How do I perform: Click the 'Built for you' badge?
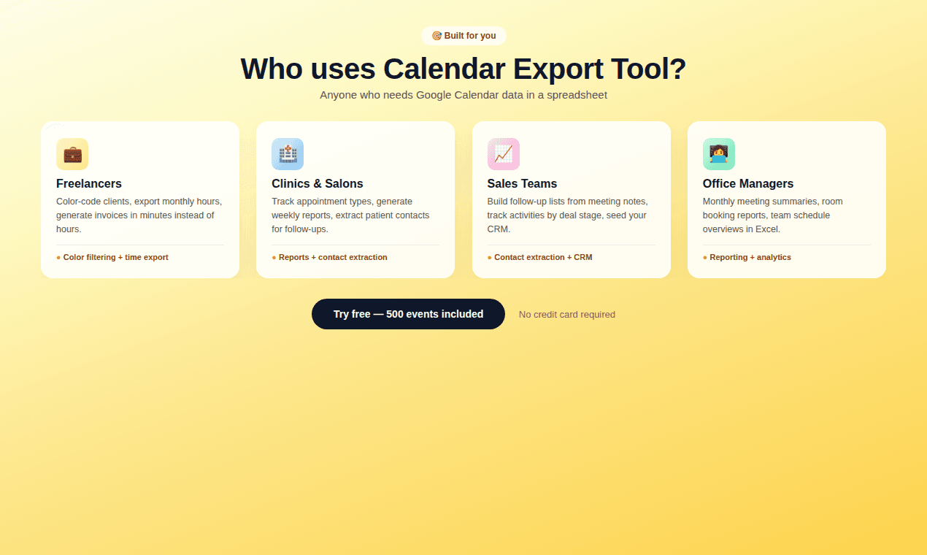pyautogui.click(x=463, y=36)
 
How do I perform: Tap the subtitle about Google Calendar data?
pyautogui.click(x=463, y=95)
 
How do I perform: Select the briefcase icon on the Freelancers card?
pyautogui.click(x=72, y=154)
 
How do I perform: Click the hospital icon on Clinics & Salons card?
pyautogui.click(x=288, y=154)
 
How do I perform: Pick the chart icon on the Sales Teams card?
pyautogui.click(x=503, y=154)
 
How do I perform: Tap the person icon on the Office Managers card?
pyautogui.click(x=718, y=154)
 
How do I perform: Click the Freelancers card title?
pyautogui.click(x=89, y=183)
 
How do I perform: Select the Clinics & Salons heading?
pyautogui.click(x=317, y=183)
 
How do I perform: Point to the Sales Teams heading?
pyautogui.click(x=522, y=183)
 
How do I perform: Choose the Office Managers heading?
pyautogui.click(x=747, y=183)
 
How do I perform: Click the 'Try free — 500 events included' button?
pyautogui.click(x=408, y=314)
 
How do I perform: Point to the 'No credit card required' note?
pyautogui.click(x=566, y=315)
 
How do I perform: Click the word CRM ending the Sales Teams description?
pyautogui.click(x=498, y=229)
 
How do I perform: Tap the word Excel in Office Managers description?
pyautogui.click(x=766, y=229)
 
